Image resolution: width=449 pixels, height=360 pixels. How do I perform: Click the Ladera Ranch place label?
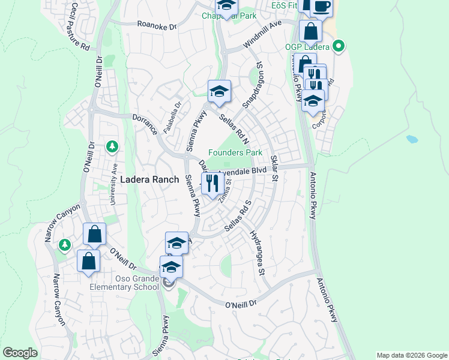tap(149, 179)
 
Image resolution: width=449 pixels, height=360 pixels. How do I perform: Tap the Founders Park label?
tap(235, 153)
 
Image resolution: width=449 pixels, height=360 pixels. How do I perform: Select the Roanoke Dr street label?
tap(157, 26)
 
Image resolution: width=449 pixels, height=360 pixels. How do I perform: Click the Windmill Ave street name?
tap(262, 37)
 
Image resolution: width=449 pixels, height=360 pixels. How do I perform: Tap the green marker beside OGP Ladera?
tap(338, 46)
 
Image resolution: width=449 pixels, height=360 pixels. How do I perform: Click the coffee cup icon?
tap(322, 6)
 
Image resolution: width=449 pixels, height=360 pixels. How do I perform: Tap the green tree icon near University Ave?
tap(112, 146)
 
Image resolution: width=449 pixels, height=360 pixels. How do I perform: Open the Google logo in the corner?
tap(20, 353)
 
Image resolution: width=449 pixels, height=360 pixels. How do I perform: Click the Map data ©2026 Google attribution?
tap(411, 355)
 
